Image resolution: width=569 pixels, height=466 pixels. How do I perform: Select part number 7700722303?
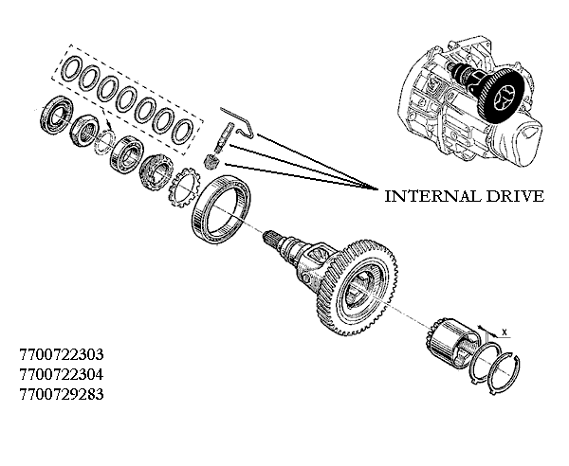click(61, 354)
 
